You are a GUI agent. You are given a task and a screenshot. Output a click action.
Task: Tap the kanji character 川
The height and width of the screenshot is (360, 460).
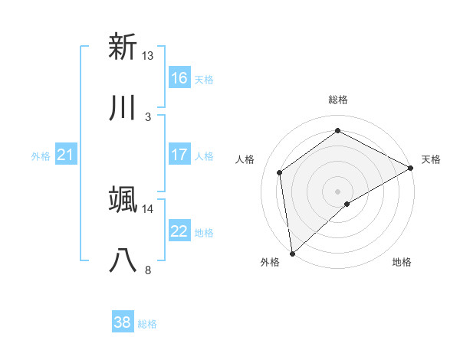pyautogui.click(x=123, y=108)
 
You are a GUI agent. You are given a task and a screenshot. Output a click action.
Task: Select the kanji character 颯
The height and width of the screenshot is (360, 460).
pyautogui.click(x=123, y=200)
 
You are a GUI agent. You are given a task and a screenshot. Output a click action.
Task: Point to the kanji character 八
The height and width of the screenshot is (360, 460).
pyautogui.click(x=123, y=261)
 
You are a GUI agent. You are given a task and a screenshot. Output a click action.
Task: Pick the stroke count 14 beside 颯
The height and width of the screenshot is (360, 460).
pyautogui.click(x=147, y=208)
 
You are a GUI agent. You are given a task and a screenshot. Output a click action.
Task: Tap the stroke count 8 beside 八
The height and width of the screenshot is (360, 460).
pyautogui.click(x=147, y=270)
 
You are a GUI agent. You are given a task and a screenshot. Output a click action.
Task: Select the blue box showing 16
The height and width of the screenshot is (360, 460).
pyautogui.click(x=179, y=78)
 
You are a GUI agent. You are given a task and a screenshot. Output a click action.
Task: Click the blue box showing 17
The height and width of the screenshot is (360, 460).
pyautogui.click(x=179, y=155)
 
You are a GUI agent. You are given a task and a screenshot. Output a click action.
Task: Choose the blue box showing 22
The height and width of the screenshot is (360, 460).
pyautogui.click(x=179, y=231)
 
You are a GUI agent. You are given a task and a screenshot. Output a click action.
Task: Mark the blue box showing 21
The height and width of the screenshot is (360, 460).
pyautogui.click(x=66, y=155)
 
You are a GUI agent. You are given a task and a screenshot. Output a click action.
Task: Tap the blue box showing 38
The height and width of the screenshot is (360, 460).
pyautogui.click(x=123, y=322)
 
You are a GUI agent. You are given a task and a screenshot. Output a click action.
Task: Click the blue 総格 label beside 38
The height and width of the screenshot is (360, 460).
pyautogui.click(x=147, y=324)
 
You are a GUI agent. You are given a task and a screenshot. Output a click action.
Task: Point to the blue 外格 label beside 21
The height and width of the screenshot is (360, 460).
pyautogui.click(x=41, y=156)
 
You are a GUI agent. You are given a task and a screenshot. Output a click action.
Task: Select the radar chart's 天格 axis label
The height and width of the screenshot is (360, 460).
pyautogui.click(x=431, y=159)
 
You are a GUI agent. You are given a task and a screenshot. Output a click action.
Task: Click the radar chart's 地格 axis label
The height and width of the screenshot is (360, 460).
pyautogui.click(x=401, y=263)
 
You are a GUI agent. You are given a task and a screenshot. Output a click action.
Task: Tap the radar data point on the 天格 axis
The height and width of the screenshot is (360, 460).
pyautogui.click(x=411, y=168)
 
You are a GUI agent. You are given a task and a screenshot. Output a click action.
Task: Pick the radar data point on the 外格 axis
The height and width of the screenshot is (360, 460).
pyautogui.click(x=292, y=253)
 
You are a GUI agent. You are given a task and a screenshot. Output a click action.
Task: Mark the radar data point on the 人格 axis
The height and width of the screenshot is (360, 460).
pyautogui.click(x=280, y=172)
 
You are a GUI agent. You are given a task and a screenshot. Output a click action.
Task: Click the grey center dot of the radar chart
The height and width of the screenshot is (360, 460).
pyautogui.click(x=338, y=191)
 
